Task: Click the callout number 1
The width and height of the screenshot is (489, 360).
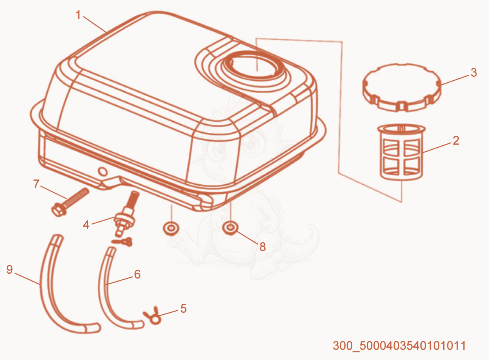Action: pyautogui.click(x=78, y=15)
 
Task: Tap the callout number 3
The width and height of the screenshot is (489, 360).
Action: pyautogui.click(x=474, y=72)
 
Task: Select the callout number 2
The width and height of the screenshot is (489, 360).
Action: pyautogui.click(x=456, y=141)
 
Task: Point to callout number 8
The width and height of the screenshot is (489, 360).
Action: pyautogui.click(x=262, y=247)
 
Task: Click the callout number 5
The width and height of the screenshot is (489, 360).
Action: pyautogui.click(x=183, y=309)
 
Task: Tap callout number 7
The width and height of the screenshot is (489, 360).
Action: pyautogui.click(x=36, y=184)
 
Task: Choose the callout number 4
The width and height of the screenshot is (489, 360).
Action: pyautogui.click(x=86, y=225)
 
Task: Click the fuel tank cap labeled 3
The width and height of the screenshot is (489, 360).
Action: pyautogui.click(x=402, y=88)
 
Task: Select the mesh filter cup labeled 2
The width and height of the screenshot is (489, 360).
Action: pyautogui.click(x=402, y=152)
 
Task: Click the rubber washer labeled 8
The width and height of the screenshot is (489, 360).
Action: pyautogui.click(x=230, y=228)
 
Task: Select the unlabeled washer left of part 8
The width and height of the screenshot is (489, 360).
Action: pyautogui.click(x=171, y=229)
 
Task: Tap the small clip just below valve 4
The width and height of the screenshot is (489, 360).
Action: pyautogui.click(x=122, y=242)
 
